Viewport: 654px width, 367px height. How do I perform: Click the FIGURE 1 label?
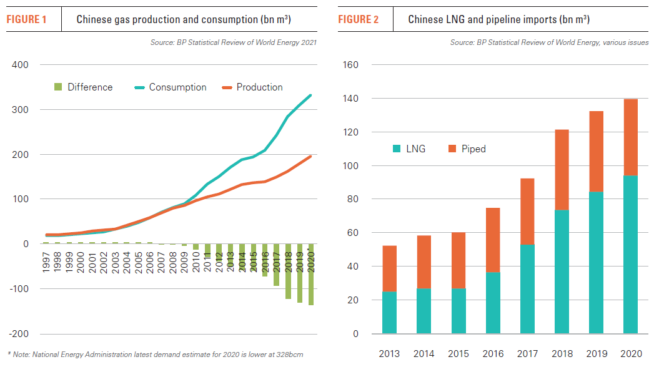pyautogui.click(x=26, y=19)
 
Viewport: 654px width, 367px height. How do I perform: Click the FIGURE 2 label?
pyautogui.click(x=358, y=19)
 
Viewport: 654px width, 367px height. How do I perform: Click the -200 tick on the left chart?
pyautogui.click(x=19, y=333)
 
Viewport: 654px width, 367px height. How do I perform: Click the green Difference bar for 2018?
pyautogui.click(x=289, y=272)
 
